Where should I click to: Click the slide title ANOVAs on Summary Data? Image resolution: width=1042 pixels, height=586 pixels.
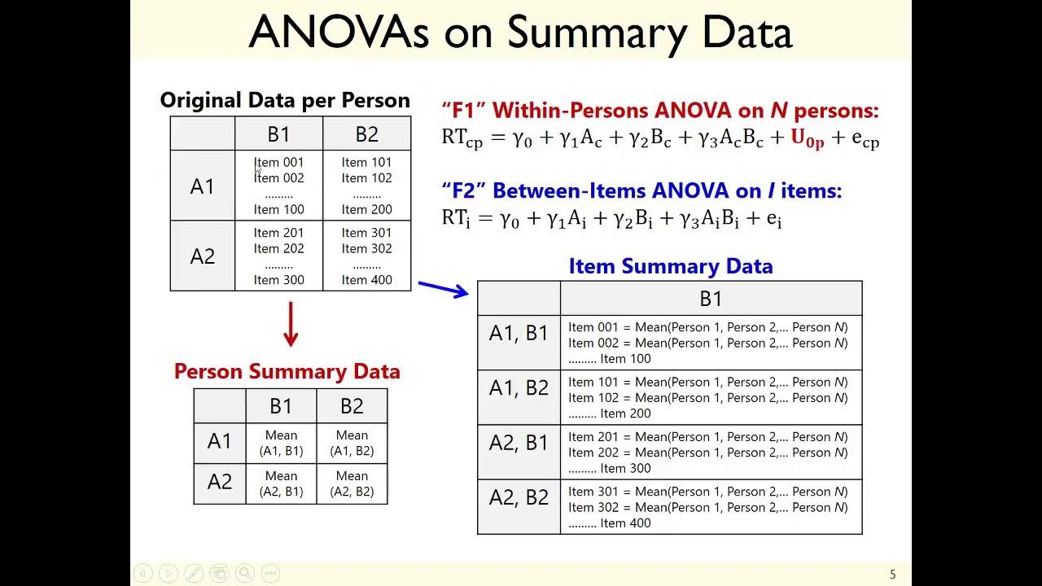pyautogui.click(x=520, y=33)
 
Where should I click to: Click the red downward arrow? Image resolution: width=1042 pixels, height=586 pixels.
pyautogui.click(x=291, y=325)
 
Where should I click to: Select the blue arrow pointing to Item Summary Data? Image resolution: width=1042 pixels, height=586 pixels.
pyautogui.click(x=444, y=288)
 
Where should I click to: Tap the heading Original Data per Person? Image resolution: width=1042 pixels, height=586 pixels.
pyautogui.click(x=285, y=100)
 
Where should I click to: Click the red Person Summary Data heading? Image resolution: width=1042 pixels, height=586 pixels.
pyautogui.click(x=287, y=371)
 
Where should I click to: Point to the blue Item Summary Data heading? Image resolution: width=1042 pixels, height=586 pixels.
pyautogui.click(x=670, y=266)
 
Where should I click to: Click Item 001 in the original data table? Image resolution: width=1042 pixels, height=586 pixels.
pyautogui.click(x=278, y=163)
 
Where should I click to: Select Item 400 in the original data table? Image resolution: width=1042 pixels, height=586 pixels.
pyautogui.click(x=366, y=280)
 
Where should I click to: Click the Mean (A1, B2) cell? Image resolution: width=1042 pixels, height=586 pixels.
pyautogui.click(x=352, y=443)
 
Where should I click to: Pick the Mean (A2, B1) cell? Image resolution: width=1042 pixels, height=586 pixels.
pyautogui.click(x=281, y=483)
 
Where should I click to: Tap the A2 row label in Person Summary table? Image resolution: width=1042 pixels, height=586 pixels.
pyautogui.click(x=220, y=482)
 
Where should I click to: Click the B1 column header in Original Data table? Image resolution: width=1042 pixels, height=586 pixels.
pyautogui.click(x=278, y=134)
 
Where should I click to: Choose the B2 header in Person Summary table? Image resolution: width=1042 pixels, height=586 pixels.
pyautogui.click(x=352, y=406)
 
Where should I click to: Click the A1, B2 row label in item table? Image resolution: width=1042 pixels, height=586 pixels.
pyautogui.click(x=519, y=388)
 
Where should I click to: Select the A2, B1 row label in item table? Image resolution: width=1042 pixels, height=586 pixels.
pyautogui.click(x=519, y=443)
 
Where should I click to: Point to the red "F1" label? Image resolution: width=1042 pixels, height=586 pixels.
pyautogui.click(x=465, y=111)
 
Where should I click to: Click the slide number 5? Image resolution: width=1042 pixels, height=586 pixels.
pyautogui.click(x=892, y=575)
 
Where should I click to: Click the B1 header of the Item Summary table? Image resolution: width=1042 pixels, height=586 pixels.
pyautogui.click(x=711, y=299)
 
